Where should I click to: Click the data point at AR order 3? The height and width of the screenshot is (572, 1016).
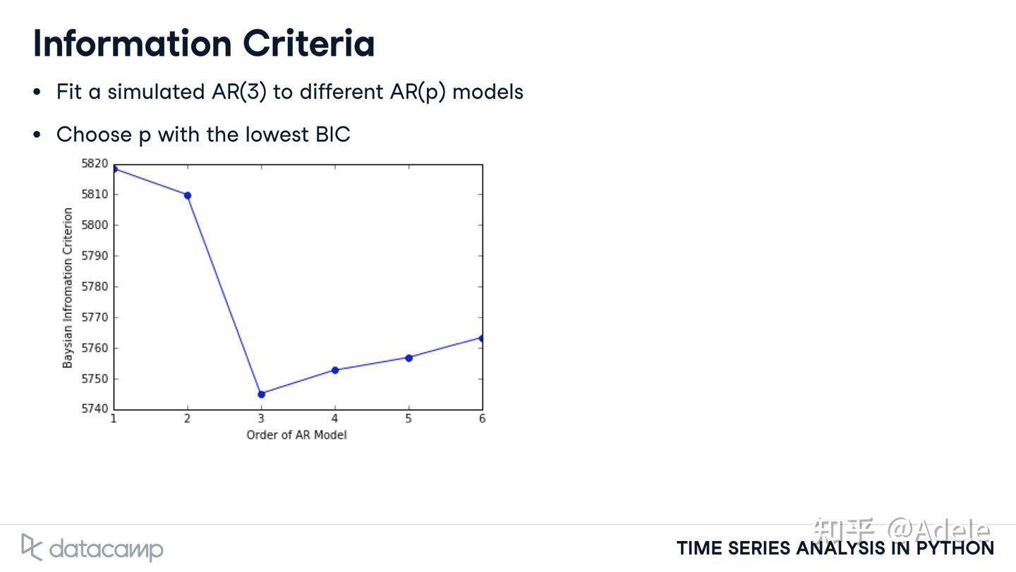point(261,394)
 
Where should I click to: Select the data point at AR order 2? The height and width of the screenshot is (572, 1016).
point(188,195)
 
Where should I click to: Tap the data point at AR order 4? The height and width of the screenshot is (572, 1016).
point(335,370)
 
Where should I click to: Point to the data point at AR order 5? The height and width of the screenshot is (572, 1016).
point(409,358)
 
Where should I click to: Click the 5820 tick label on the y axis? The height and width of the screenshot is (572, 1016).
point(95,164)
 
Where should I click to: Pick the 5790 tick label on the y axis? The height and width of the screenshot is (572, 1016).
point(95,256)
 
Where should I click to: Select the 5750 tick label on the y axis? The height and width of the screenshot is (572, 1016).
point(95,379)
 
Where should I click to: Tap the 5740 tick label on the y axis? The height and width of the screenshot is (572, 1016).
point(95,409)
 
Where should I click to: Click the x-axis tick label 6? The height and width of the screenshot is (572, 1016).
point(482,419)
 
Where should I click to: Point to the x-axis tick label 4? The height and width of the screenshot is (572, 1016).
point(334,419)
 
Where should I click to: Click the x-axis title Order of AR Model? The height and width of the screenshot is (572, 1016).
point(296,435)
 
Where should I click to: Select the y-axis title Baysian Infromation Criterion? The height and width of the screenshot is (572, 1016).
point(68,288)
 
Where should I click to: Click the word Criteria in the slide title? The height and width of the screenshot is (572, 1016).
point(309,44)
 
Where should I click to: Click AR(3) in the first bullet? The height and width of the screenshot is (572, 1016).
point(239,92)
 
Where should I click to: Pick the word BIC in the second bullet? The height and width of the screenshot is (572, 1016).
point(332,135)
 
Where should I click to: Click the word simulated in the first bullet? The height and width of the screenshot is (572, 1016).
point(156,92)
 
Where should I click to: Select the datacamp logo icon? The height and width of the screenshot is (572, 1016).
point(32,547)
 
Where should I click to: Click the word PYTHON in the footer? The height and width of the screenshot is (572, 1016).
point(955,549)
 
